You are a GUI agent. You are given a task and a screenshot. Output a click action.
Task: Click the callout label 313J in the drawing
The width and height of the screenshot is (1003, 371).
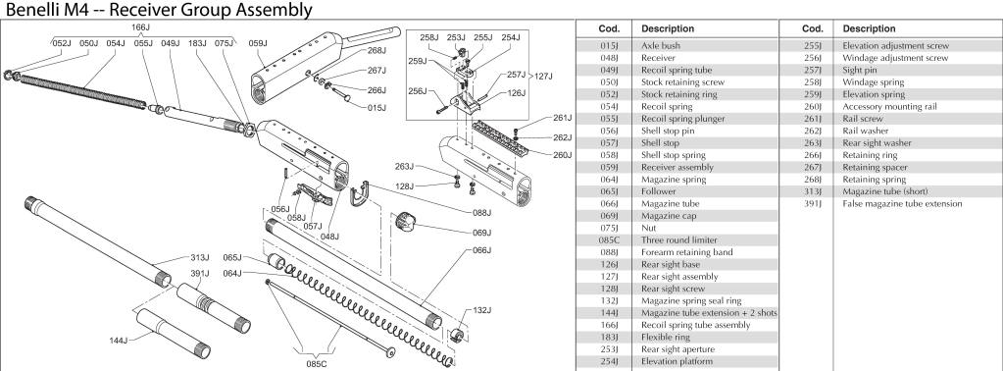pos(199,258)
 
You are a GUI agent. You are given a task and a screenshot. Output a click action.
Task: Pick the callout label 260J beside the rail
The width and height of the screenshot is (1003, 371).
pos(562,154)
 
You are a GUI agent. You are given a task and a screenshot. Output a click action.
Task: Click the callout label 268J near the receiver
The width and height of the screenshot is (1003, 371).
pos(376,50)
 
